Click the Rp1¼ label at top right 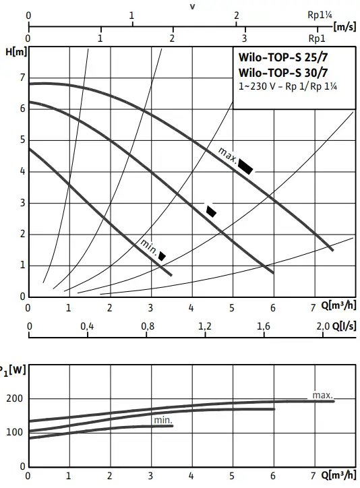click(318, 14)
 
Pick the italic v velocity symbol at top click(192, 6)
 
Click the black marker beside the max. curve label click(245, 166)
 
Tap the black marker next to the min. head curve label click(162, 255)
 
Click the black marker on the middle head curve click(211, 210)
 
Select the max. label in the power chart click(322, 394)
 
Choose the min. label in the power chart click(162, 421)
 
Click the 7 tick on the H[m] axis click(22, 78)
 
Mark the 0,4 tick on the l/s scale click(88, 326)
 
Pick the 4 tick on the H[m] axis click(22, 171)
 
